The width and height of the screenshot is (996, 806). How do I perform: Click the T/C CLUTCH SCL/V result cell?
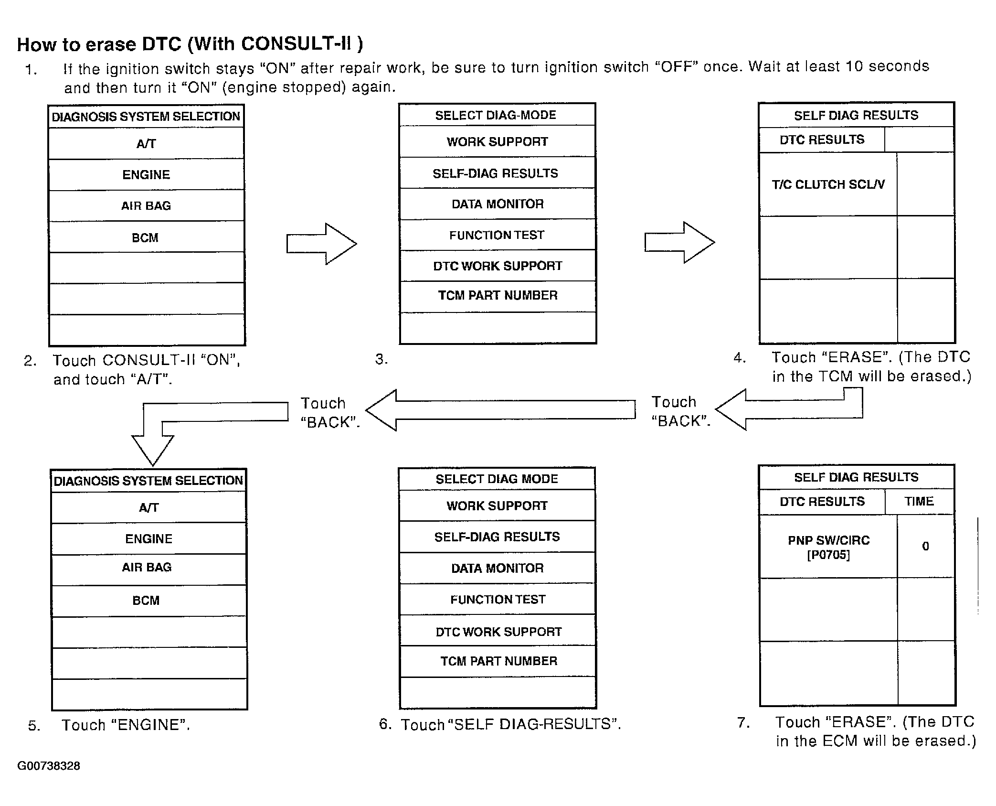828,184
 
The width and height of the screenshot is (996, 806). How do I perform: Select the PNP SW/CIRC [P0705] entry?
828,548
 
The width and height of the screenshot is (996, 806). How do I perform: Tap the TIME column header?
919,501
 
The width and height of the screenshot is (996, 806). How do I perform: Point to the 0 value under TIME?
925,546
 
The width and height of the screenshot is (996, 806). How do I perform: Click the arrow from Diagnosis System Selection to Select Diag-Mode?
321,244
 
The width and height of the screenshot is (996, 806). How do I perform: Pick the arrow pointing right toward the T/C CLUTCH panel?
679,242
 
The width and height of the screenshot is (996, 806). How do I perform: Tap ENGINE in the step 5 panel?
148,539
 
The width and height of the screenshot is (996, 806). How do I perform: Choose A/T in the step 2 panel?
146,144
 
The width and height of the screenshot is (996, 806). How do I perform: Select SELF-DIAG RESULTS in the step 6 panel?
497,537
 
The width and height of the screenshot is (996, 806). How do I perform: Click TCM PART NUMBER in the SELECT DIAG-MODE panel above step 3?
498,295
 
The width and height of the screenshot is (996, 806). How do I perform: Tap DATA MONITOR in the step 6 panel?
498,568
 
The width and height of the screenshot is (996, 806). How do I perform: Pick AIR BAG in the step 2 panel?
146,206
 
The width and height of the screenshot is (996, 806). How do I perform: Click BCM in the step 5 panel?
146,601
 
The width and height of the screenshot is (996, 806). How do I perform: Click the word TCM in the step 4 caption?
836,376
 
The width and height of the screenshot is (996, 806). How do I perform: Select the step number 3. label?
381,359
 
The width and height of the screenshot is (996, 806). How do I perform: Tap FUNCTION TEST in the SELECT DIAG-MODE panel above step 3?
497,235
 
